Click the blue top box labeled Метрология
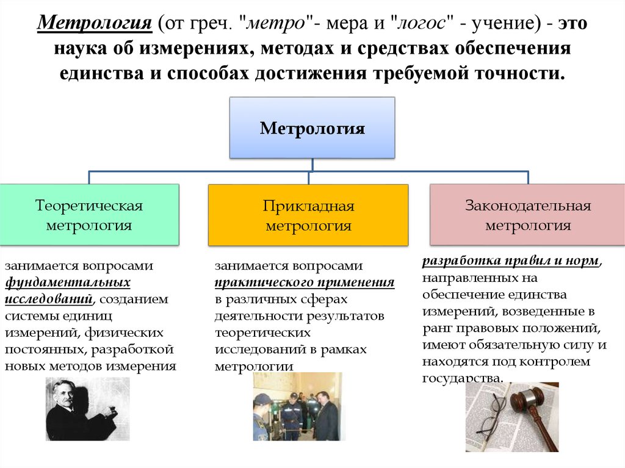(x=312, y=128)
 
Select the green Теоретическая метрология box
(x=89, y=215)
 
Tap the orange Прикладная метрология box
(x=308, y=215)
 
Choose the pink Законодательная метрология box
(x=528, y=215)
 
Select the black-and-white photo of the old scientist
(x=88, y=409)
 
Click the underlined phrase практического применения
(x=304, y=283)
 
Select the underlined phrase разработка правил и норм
(x=510, y=261)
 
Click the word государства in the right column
(x=462, y=378)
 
